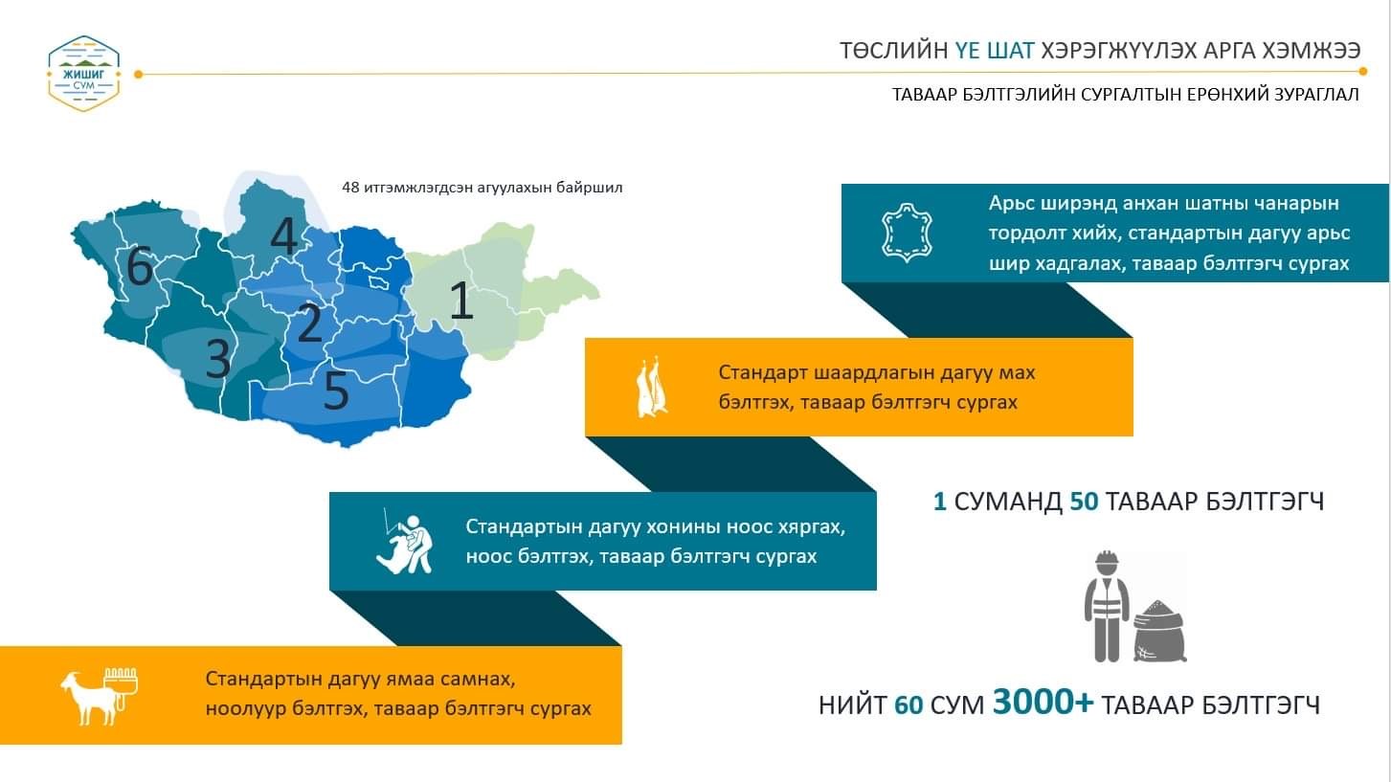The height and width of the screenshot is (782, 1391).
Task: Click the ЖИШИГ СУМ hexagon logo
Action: pos(84,74)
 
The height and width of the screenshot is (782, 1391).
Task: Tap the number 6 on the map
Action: pos(140,265)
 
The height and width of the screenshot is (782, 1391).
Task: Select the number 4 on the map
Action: pos(284,235)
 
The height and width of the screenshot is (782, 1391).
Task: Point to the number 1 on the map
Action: pos(460,300)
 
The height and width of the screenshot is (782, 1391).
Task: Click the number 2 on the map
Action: pos(310,323)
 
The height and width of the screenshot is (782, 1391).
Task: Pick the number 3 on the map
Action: pos(218,359)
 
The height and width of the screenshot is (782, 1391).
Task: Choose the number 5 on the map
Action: pos(336,390)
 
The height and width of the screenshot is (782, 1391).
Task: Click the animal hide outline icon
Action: pos(907,233)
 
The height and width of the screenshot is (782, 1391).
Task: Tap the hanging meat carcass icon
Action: pos(651,389)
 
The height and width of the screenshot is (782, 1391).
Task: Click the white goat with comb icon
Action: pos(99,696)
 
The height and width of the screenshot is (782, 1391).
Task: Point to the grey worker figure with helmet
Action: pos(1107,606)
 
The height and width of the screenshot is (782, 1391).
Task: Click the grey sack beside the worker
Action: pos(1159,631)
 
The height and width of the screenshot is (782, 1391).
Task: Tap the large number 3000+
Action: pos(1043,702)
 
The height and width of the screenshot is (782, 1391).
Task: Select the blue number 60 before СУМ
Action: pos(909,705)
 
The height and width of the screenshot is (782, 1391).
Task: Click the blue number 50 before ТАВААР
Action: pos(1085,502)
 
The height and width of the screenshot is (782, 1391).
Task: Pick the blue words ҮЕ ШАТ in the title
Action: pos(995,51)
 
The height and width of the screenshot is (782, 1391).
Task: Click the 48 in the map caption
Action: pos(350,188)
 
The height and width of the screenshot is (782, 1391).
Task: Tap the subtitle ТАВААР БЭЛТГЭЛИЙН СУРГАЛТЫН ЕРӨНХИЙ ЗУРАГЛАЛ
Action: pos(1125,95)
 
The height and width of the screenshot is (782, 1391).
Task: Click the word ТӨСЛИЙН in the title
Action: pos(893,51)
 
